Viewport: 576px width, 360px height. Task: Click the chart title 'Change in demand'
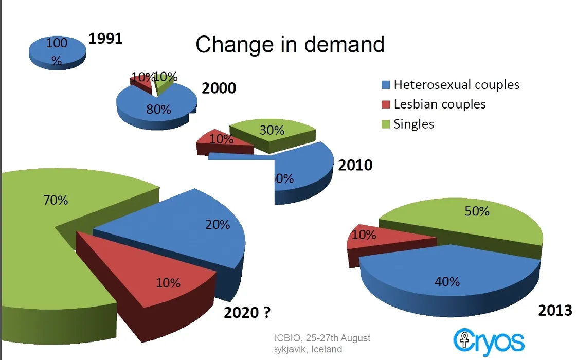click(290, 45)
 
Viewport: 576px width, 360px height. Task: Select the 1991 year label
click(105, 39)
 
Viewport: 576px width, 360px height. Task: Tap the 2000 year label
click(219, 88)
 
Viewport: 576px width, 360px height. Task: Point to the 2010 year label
click(355, 166)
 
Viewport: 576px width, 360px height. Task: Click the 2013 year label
click(554, 310)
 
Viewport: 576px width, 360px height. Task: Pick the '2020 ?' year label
click(247, 312)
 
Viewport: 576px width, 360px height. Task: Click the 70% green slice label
click(55, 200)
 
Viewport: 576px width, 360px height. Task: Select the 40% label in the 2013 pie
click(447, 281)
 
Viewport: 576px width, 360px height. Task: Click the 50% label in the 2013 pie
click(477, 211)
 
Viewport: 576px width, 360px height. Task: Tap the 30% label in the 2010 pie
click(272, 131)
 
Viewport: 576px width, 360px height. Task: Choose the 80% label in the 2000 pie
click(158, 110)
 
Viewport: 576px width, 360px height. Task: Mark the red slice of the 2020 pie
click(154, 278)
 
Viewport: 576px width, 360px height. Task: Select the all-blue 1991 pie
click(57, 51)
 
